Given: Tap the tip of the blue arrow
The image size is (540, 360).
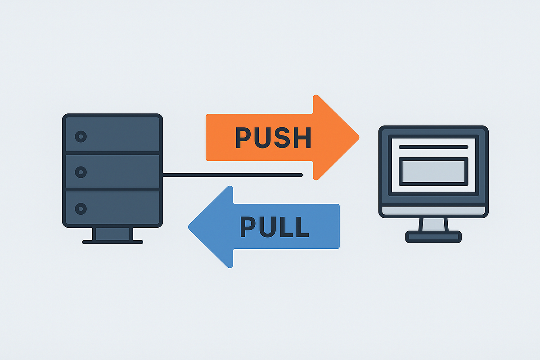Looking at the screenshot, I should pos(189,226).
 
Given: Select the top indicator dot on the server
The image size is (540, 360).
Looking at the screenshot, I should pos(81,136).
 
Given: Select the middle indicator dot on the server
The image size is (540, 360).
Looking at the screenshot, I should pos(81,172).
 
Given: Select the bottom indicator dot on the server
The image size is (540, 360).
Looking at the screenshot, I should pos(81,208).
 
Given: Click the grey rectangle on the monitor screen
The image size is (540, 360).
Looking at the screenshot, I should pos(433,171).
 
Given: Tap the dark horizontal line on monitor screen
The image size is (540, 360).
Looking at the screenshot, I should pos(433,147).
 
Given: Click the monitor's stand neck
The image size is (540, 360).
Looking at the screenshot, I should pos(433,224).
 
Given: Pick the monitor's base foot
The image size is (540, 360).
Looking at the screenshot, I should pos(433,236).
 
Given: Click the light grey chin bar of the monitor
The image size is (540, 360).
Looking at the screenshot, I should pos(433,211).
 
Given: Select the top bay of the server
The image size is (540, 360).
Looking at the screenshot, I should pos(112,135).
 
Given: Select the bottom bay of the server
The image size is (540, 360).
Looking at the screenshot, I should pos(112,208).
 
